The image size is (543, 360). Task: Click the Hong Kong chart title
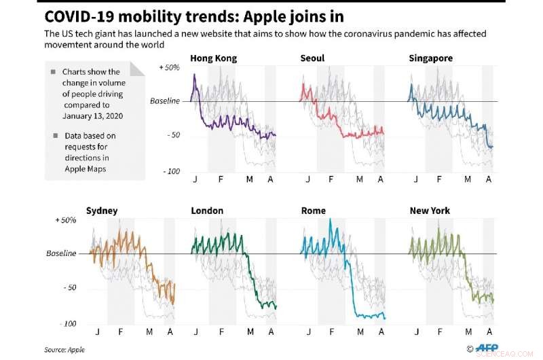(x=214, y=58)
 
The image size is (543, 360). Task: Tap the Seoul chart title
(x=312, y=58)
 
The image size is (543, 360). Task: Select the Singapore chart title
(x=430, y=58)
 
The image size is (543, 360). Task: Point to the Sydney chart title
(x=102, y=211)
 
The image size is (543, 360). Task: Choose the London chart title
(x=207, y=211)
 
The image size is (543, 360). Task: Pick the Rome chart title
(x=313, y=211)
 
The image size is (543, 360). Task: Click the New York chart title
(x=430, y=211)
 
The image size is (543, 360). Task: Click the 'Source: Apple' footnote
(x=65, y=349)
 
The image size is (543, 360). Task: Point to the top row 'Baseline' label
(x=165, y=101)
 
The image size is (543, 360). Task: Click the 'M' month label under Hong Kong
(x=249, y=179)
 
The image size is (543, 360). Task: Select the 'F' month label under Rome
(x=331, y=331)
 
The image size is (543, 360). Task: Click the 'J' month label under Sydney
(x=98, y=331)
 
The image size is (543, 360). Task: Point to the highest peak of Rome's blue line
(x=331, y=219)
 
